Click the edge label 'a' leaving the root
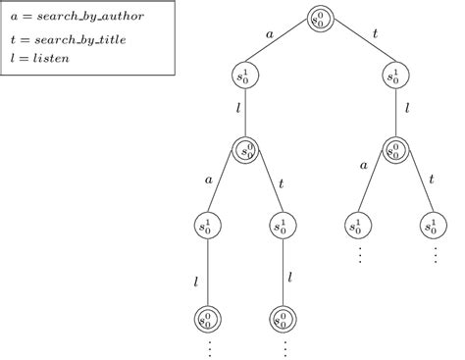(x=270, y=33)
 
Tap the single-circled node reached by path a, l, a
(x=207, y=226)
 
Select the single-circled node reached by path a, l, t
(x=283, y=226)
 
